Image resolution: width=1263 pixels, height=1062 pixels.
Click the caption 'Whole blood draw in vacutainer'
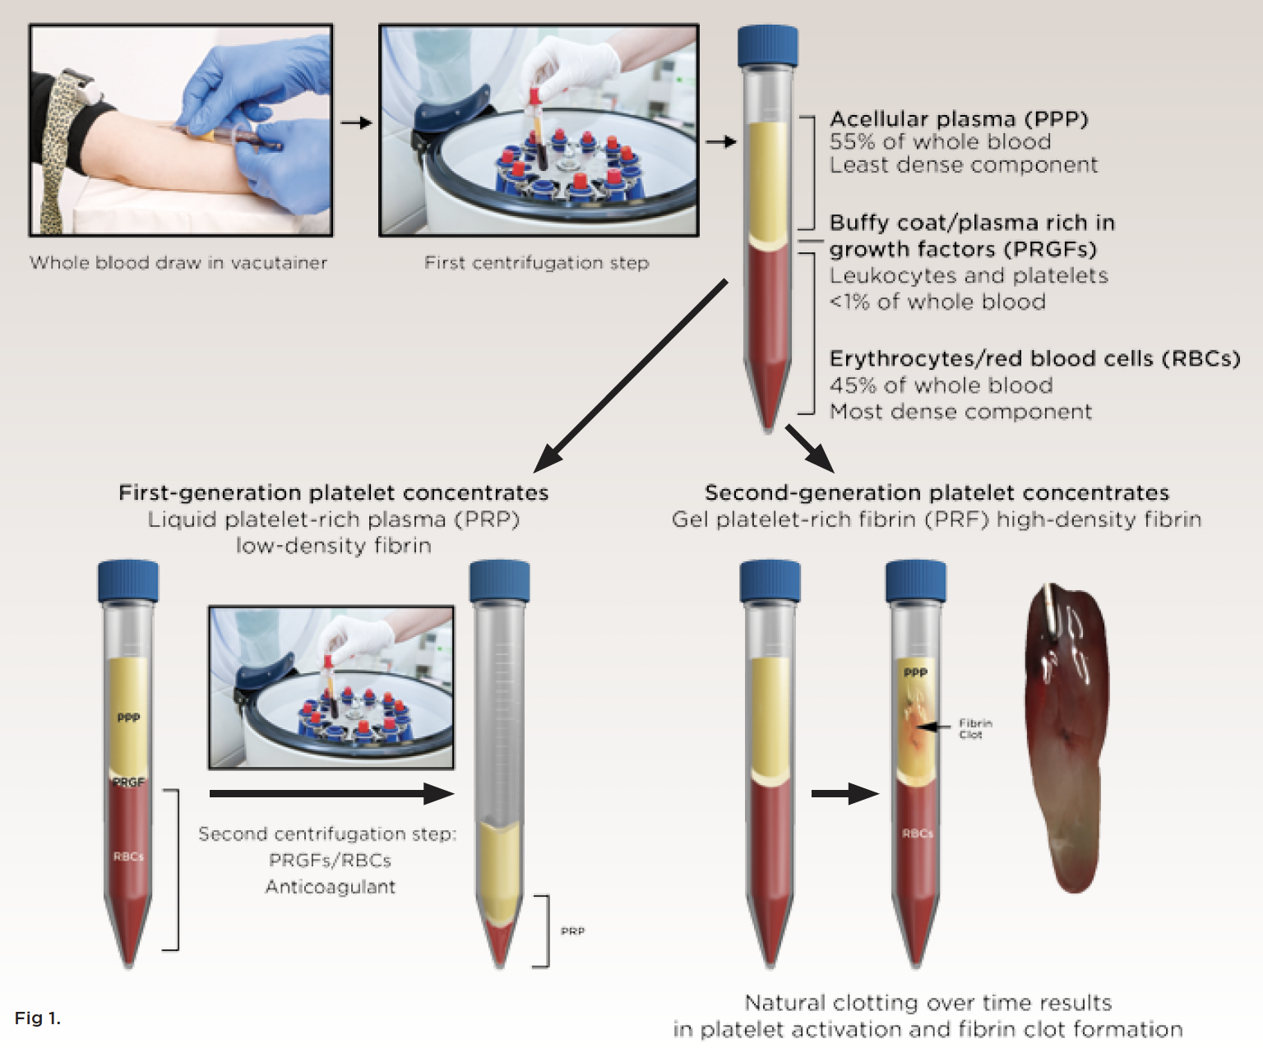point(178,263)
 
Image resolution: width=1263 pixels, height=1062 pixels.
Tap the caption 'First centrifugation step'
point(536,263)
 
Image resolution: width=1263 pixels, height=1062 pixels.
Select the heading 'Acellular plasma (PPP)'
point(958,119)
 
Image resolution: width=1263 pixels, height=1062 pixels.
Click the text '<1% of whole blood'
point(937,302)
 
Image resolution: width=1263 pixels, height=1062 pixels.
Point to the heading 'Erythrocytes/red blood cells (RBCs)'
point(1034,359)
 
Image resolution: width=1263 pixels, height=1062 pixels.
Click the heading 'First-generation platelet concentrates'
point(333,492)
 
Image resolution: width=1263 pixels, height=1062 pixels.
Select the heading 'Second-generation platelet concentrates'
point(937,492)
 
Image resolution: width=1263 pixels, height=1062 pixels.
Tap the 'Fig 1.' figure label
point(37,1018)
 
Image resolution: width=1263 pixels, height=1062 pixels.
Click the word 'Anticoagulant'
point(330,887)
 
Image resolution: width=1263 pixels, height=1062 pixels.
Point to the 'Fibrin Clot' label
point(975,729)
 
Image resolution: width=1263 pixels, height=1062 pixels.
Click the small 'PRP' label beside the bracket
point(572,931)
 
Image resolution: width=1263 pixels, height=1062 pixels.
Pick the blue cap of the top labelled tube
point(767,46)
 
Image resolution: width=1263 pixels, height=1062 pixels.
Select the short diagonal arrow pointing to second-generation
point(809,448)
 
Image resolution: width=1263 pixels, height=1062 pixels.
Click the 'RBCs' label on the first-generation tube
point(128,857)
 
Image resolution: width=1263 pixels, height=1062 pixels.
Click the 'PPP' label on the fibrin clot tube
point(915,672)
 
